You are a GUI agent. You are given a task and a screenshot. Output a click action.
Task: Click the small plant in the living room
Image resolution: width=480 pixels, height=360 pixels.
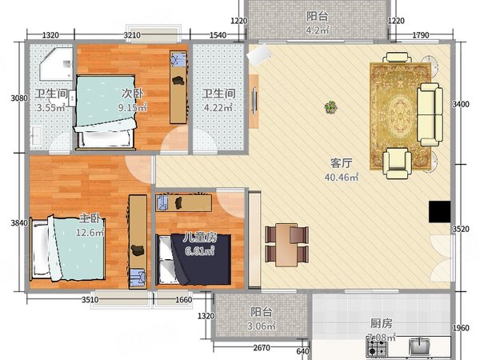(330, 107)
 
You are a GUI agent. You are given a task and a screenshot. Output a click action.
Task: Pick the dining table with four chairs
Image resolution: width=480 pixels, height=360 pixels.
(286, 245)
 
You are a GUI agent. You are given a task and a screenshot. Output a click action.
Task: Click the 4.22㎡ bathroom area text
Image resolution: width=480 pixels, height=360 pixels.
(218, 106)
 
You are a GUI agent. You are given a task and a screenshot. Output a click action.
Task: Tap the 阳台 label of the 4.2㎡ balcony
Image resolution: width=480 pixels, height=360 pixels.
(317, 16)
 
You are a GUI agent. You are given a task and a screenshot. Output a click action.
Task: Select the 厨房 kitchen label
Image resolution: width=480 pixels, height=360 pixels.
(381, 324)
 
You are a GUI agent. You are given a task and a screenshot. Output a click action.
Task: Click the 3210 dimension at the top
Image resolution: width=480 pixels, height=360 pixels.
(132, 35)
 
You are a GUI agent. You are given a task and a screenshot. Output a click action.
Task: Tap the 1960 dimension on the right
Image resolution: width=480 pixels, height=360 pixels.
(462, 328)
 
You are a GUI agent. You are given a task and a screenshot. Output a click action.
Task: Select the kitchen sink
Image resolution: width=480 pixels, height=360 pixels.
(420, 346)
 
